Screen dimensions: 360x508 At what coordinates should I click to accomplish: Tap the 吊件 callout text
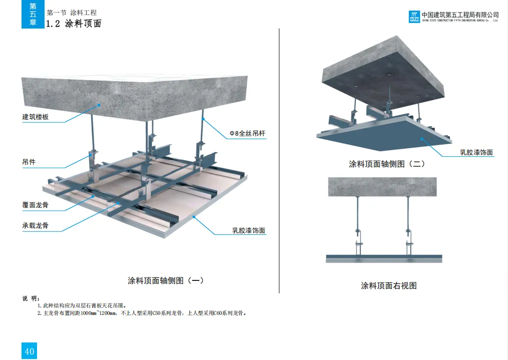(29, 162)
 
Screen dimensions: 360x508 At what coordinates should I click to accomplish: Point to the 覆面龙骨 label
(36, 205)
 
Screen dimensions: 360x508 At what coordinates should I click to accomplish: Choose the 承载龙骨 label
(36, 226)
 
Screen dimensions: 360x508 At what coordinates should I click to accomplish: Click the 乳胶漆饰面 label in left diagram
(248, 231)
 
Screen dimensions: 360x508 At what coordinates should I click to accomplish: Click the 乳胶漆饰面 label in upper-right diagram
(476, 152)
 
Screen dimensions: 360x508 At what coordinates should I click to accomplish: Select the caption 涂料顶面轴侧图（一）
(166, 281)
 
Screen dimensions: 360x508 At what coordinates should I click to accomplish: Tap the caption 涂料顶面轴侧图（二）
(386, 164)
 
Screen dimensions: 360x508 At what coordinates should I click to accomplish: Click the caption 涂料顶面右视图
(388, 286)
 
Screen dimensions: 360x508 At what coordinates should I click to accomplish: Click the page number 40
(30, 351)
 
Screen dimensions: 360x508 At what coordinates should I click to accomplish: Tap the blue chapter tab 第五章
(33, 14)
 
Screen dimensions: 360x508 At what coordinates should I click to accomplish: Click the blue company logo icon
(414, 17)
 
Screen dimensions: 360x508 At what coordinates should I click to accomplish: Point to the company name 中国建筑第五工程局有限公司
(460, 14)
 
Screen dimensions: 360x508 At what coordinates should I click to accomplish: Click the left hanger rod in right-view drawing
(358, 215)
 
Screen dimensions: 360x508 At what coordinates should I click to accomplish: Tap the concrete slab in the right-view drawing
(381, 187)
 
